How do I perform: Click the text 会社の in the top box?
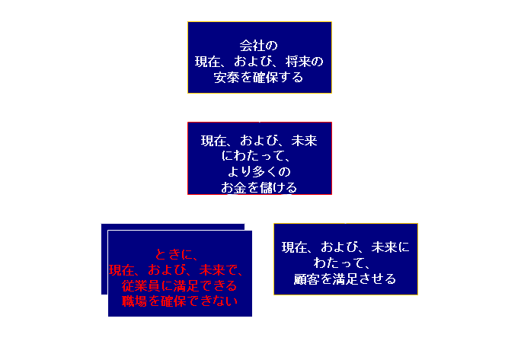259,44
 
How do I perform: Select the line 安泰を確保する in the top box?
259,77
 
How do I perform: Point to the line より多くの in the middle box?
260,171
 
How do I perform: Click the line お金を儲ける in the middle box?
259,187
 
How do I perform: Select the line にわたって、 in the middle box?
260,156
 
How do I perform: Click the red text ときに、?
176,254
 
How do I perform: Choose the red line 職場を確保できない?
180,301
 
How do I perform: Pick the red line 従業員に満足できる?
180,286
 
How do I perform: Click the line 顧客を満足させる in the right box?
345,279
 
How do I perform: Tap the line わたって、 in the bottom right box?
345,263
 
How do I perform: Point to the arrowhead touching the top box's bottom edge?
260,97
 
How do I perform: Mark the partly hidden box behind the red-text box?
104,259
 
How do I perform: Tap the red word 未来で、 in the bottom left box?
220,270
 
